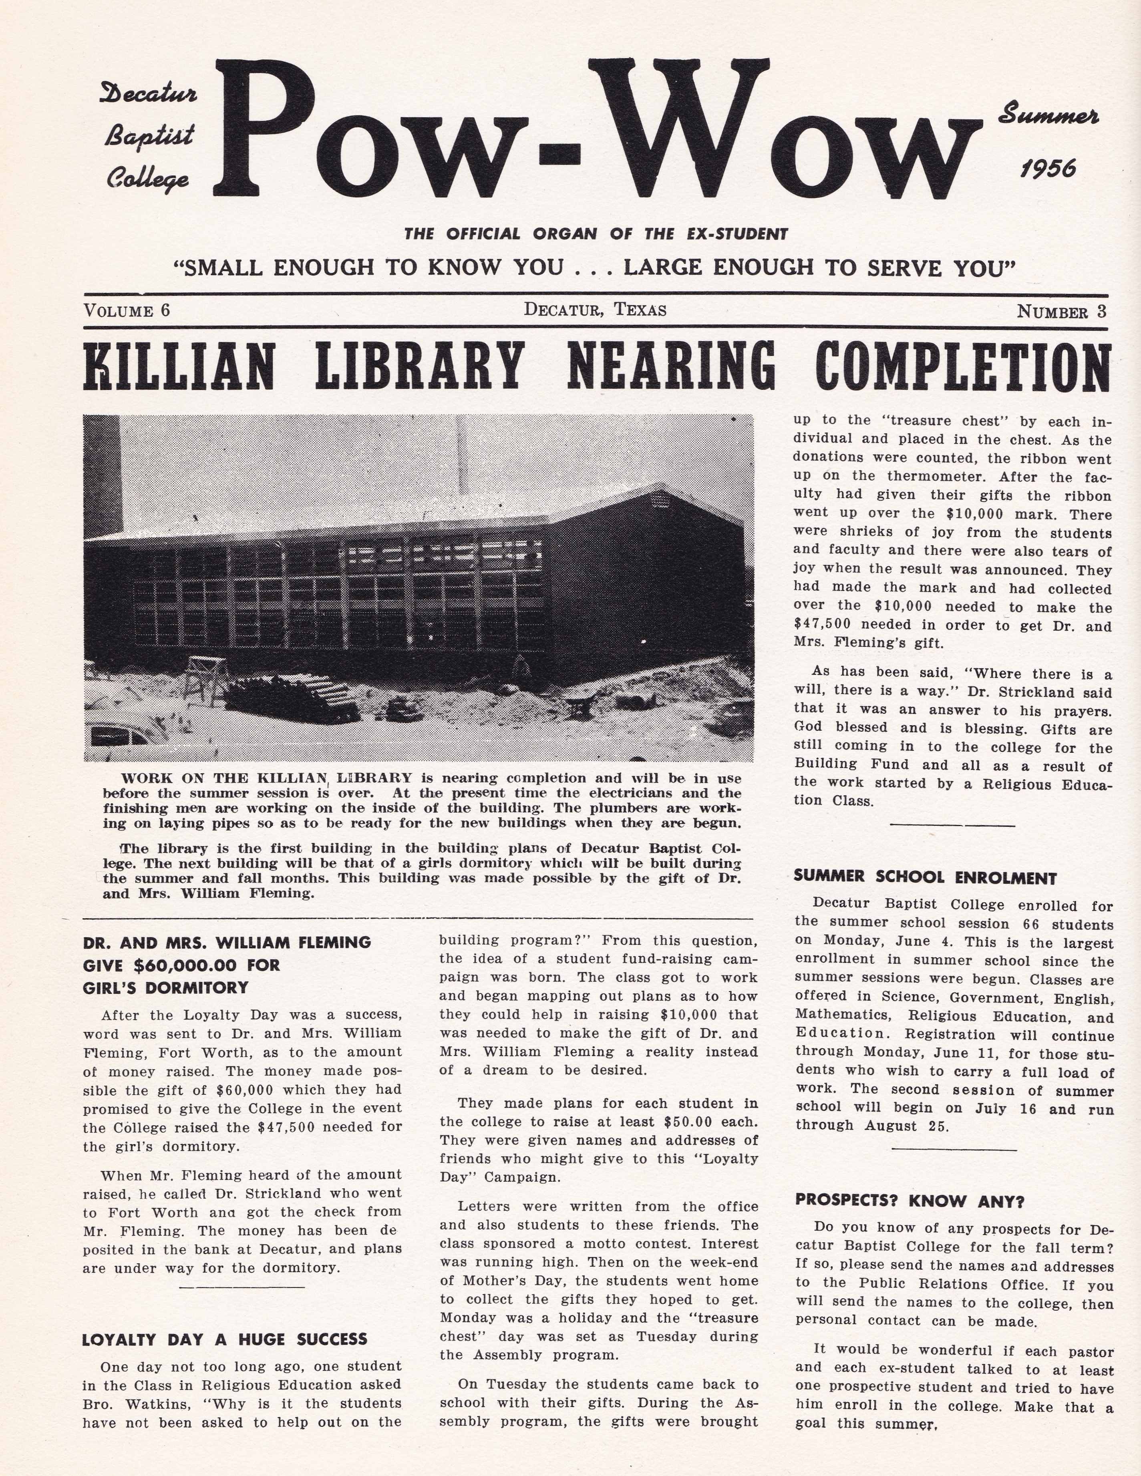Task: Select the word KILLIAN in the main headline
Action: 179,366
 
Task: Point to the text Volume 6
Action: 127,311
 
